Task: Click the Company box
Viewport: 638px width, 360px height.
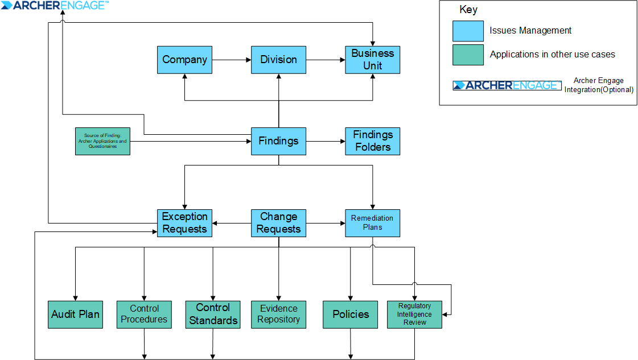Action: point(184,60)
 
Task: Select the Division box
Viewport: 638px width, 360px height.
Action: point(278,60)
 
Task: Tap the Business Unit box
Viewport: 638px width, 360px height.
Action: point(372,60)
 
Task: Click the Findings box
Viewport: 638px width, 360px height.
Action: point(278,141)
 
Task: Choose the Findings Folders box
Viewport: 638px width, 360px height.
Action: point(372,141)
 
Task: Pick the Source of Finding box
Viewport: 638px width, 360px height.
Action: point(102,141)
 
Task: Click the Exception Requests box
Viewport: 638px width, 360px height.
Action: point(184,223)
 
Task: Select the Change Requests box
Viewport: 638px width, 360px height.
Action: point(278,223)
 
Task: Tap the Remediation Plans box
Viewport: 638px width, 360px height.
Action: point(372,223)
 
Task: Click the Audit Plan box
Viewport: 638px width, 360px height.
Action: point(75,315)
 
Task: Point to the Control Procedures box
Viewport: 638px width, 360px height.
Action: point(144,315)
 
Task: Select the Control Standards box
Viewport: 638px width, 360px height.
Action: point(213,315)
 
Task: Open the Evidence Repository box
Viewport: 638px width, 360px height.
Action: point(278,315)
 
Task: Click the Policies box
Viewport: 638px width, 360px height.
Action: point(351,315)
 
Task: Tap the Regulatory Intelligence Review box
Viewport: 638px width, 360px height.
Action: point(414,315)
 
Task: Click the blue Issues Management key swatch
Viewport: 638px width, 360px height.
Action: point(468,31)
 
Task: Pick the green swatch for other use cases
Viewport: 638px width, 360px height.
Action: point(468,55)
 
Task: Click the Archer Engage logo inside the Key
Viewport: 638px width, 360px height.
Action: point(505,85)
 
